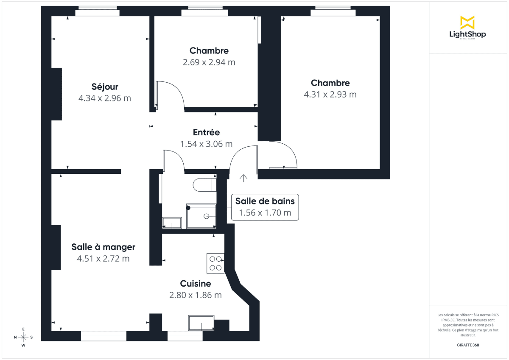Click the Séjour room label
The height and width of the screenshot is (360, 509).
(x=105, y=87)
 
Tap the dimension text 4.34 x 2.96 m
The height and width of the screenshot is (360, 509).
(x=105, y=98)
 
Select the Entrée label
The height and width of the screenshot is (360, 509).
(x=206, y=132)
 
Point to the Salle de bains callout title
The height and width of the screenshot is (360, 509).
(x=265, y=201)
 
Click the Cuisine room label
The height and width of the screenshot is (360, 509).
(x=196, y=284)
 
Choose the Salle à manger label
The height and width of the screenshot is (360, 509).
(x=103, y=247)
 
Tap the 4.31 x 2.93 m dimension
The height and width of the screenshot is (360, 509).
(x=330, y=95)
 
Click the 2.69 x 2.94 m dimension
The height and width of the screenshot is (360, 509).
(x=209, y=62)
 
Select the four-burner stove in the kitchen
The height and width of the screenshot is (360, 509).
(x=215, y=263)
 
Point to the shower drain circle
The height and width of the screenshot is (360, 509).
(x=207, y=216)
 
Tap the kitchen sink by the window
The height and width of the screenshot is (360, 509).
(x=201, y=323)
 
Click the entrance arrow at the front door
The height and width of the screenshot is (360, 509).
(x=243, y=178)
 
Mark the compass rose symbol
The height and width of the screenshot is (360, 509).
(x=23, y=337)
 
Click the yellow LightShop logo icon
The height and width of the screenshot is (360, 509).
(x=467, y=22)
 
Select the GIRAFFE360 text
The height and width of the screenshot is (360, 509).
(x=467, y=345)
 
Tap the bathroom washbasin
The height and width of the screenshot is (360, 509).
(x=172, y=223)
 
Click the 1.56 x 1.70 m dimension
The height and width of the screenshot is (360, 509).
(x=265, y=213)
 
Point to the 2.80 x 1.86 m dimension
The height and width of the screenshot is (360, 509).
(x=196, y=295)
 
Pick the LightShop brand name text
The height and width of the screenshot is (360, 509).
(x=467, y=34)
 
